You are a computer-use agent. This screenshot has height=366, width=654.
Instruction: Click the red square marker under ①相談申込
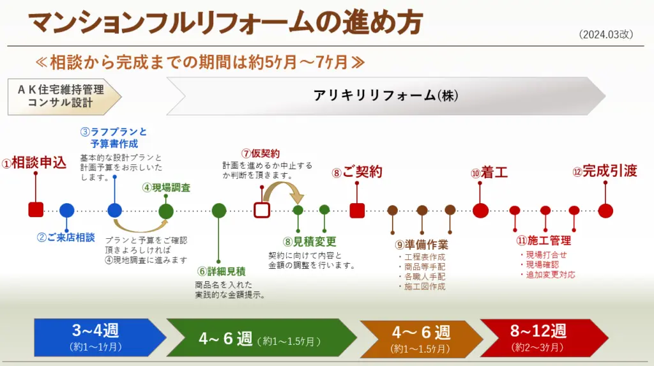coord(36,210)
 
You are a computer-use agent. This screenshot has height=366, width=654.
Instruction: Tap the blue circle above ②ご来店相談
coord(66,211)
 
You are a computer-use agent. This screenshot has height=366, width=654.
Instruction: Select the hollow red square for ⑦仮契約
coord(262,210)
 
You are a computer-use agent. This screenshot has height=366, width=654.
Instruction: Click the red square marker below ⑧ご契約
coord(357,210)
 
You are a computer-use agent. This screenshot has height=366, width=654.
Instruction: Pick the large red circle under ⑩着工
coord(480,210)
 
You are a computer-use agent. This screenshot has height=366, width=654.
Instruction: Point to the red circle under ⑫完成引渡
coord(605,211)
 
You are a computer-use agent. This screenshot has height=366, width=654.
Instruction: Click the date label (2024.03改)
coord(606,34)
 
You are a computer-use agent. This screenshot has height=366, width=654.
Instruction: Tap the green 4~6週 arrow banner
coord(262,338)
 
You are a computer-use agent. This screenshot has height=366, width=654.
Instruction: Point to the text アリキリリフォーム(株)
coord(386,96)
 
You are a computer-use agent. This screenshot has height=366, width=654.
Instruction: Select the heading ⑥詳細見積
coord(222,271)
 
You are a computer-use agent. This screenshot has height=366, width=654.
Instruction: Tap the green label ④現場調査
coord(166,187)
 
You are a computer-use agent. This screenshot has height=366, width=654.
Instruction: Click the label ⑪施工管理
coord(544,240)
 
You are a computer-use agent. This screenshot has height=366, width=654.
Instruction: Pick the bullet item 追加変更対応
coord(547,275)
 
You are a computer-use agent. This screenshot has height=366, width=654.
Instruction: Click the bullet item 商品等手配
coord(422,266)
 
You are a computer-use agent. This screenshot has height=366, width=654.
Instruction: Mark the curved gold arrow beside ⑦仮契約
coord(283,188)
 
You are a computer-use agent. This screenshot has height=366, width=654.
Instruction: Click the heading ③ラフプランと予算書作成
coord(114,138)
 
